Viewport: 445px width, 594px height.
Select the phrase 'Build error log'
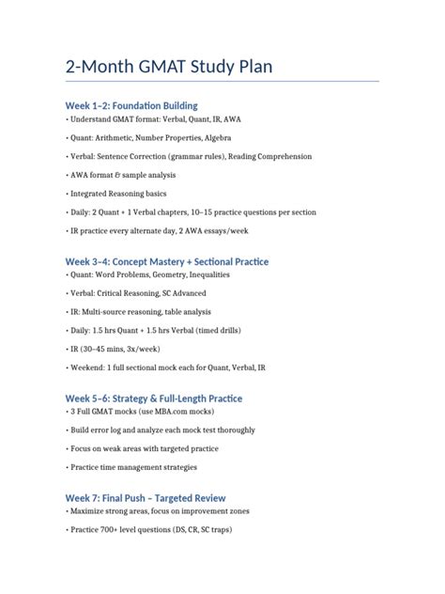[x=100, y=432]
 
